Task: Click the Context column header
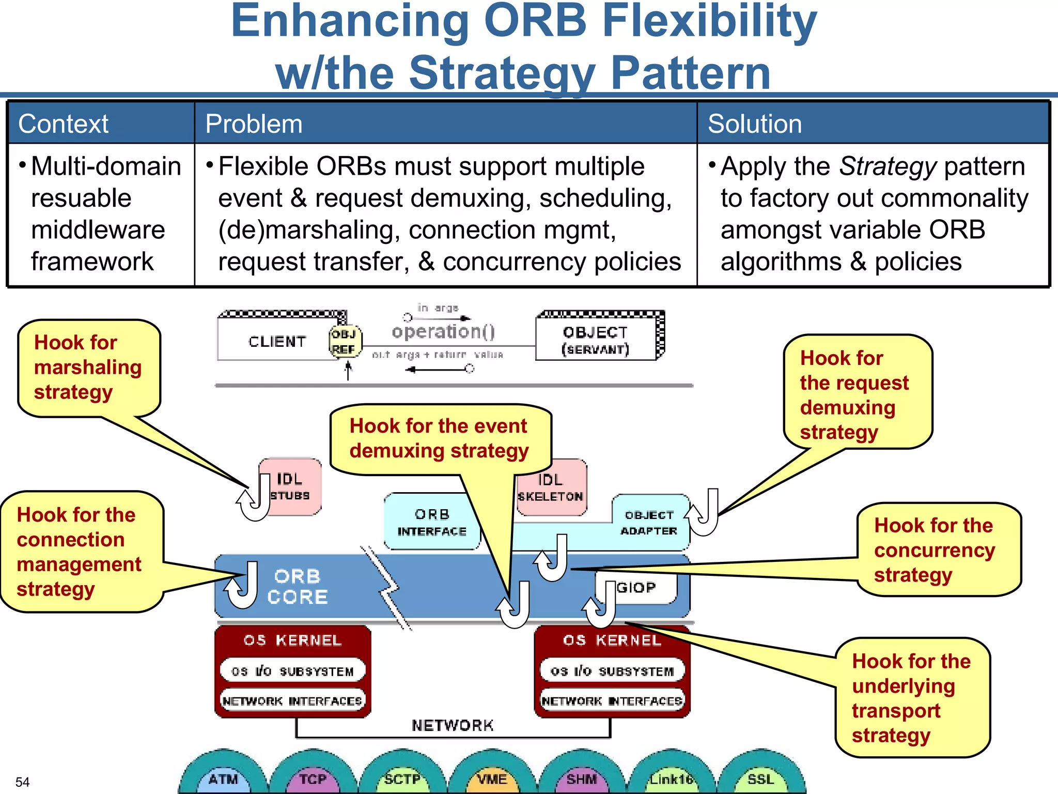coord(64,124)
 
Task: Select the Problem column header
coord(254,124)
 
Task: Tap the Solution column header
coord(755,124)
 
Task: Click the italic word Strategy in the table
coord(888,166)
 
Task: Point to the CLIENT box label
coord(277,342)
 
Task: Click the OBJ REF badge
coord(345,342)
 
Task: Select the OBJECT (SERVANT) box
coord(596,340)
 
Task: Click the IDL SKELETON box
coord(551,488)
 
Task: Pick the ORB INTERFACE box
coord(432,522)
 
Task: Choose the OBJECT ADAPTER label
coord(649,523)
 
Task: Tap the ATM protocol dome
coord(223,778)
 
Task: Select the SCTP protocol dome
coord(402,778)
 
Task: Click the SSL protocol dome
coord(760,778)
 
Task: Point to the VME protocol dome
coord(491,778)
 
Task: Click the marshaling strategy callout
coord(88,368)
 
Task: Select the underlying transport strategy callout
coord(911,698)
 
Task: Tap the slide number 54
coord(22,782)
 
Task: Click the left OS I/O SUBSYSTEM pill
coord(292,671)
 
